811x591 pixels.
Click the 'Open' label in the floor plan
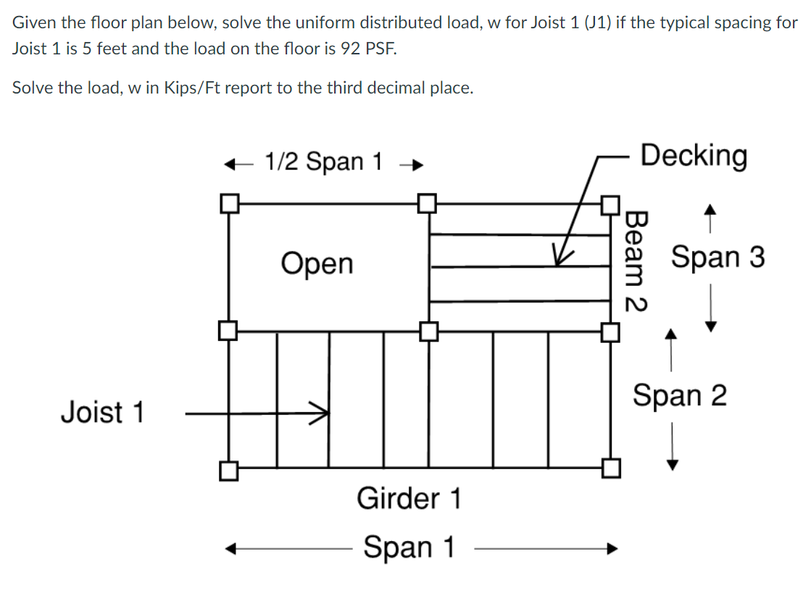coord(317,264)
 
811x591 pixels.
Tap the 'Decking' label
coord(694,155)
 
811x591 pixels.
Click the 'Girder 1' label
coord(409,499)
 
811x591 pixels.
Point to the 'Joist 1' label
coord(102,413)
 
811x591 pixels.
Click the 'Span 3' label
coord(718,257)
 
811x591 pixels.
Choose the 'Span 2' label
coord(679,396)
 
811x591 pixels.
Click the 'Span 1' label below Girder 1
coord(409,547)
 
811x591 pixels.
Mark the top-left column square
coord(230,203)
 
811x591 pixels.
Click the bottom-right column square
coord(611,468)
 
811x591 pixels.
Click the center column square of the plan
coord(428,332)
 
